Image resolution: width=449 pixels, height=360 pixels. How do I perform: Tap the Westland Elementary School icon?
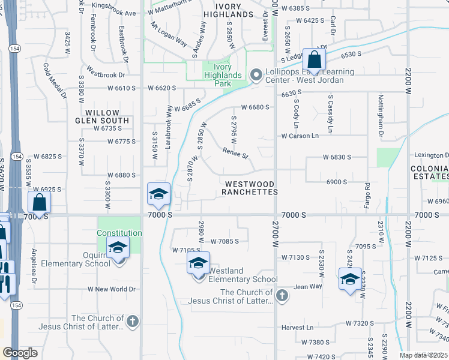[199, 263]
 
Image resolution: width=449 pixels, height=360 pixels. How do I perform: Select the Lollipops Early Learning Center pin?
[256, 75]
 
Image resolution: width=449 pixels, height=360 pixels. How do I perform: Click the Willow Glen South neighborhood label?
[107, 116]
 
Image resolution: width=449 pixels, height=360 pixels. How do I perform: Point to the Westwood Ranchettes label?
[250, 188]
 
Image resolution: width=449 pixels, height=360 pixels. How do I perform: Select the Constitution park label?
[119, 233]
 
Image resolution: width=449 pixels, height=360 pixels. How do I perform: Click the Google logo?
[20, 353]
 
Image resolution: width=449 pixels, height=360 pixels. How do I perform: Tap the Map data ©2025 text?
[423, 355]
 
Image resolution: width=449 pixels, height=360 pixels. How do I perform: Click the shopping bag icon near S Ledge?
[314, 59]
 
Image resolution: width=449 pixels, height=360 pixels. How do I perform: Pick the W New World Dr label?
[112, 289]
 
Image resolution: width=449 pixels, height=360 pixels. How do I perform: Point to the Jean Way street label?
[307, 287]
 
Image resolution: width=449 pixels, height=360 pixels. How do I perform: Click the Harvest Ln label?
[298, 328]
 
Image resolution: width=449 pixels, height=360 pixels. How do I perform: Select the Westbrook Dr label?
[105, 75]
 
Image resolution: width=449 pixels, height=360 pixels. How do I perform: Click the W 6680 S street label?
[255, 107]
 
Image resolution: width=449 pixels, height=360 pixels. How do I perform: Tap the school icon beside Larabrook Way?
[159, 194]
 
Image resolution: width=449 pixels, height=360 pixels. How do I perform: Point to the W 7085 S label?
[224, 241]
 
